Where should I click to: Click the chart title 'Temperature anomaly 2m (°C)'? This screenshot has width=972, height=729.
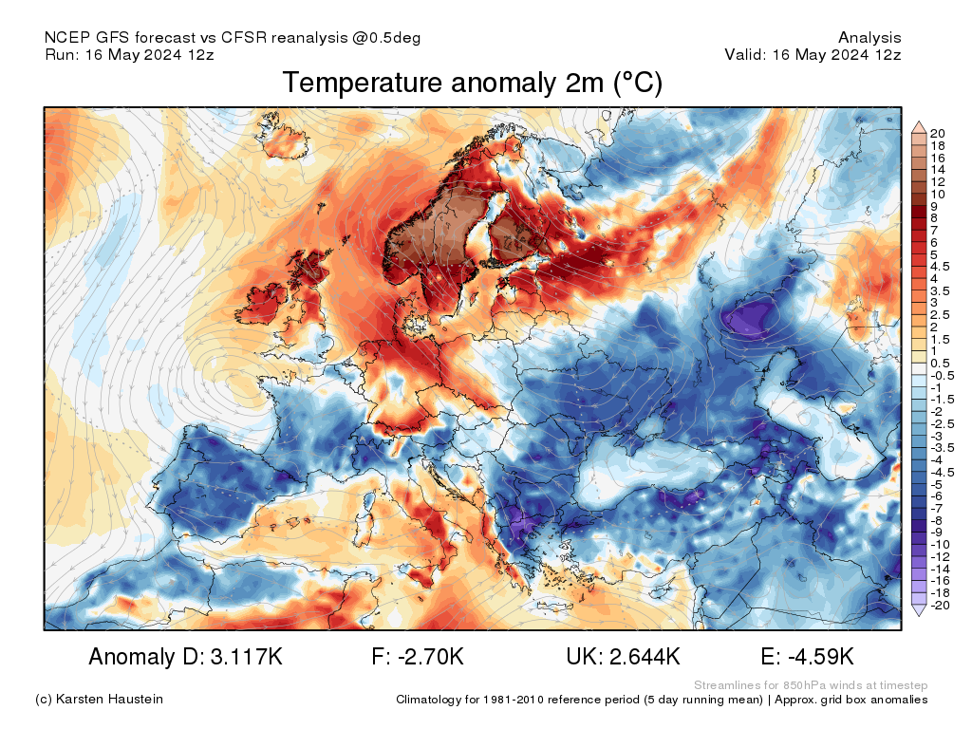[473, 84]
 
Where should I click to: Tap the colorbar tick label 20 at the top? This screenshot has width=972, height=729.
[937, 133]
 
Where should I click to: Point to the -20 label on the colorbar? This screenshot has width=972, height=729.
[940, 605]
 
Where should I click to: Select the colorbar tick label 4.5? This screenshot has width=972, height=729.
[939, 267]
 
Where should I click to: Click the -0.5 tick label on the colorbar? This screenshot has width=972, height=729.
[940, 376]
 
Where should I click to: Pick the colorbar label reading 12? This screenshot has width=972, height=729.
[937, 181]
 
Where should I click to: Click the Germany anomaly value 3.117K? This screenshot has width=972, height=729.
[247, 657]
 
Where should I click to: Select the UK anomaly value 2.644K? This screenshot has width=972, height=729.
[645, 657]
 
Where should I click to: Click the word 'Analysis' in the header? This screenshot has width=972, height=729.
[869, 38]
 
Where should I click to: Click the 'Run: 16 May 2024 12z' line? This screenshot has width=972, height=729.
[129, 54]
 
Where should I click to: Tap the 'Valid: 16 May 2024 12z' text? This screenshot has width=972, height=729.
[813, 54]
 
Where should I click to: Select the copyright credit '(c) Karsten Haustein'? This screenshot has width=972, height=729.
[99, 700]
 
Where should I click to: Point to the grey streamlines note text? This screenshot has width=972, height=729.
[811, 685]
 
